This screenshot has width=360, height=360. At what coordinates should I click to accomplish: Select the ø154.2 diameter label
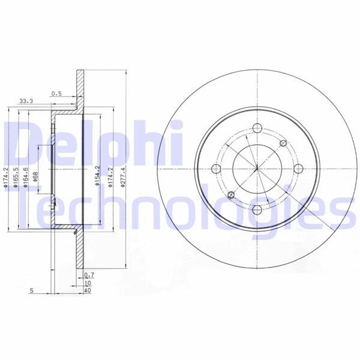97,178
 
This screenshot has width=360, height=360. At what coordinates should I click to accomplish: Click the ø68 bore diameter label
37,178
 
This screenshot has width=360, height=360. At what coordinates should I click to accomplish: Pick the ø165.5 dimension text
16,178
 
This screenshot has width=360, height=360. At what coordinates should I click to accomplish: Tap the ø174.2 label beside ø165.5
6,178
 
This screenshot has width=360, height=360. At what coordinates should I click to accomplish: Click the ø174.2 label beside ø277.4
110,178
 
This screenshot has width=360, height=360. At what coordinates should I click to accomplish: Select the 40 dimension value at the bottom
88,290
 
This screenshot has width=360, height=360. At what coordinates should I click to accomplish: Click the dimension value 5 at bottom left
30,290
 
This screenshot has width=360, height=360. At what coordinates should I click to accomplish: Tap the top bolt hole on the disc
257,128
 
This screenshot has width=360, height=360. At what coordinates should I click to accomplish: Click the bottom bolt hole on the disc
257,209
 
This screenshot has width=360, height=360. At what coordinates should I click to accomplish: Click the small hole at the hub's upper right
284,143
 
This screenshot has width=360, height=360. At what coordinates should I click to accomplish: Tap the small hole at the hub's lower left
230,194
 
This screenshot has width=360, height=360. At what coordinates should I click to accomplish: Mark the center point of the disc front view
257,168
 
